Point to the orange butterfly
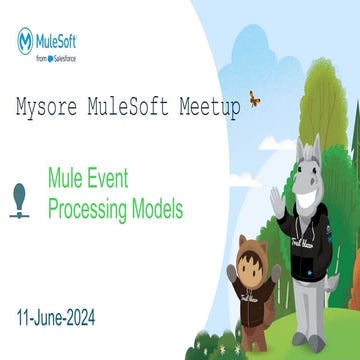click(x=253, y=99)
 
